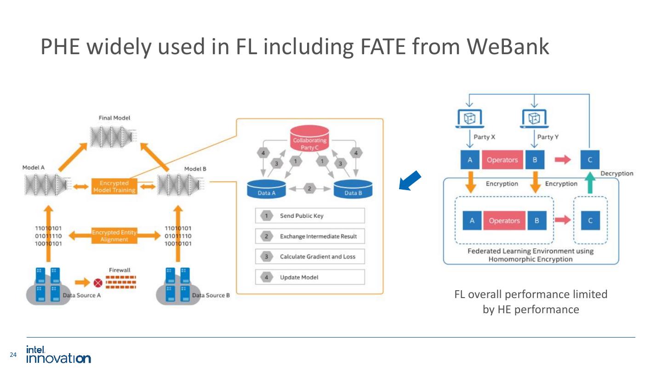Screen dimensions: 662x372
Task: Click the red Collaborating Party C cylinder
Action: pyautogui.click(x=309, y=140)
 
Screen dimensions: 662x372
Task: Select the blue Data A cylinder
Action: pyautogui.click(x=266, y=189)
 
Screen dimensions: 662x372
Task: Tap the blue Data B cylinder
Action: pyautogui.click(x=353, y=189)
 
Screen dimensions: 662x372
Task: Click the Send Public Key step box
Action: pyautogui.click(x=310, y=216)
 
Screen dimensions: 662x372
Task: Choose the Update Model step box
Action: pyautogui.click(x=310, y=277)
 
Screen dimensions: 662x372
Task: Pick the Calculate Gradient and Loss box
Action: pyautogui.click(x=310, y=257)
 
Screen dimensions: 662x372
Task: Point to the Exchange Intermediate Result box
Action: pyautogui.click(x=310, y=236)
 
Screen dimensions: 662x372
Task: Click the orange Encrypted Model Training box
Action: pyautogui.click(x=114, y=186)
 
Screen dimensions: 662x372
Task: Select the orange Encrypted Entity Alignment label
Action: pyautogui.click(x=114, y=236)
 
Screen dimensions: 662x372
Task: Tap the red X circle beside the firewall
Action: pyautogui.click(x=98, y=283)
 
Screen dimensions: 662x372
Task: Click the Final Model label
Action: pyautogui.click(x=114, y=118)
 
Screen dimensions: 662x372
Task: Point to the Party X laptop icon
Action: pyautogui.click(x=470, y=118)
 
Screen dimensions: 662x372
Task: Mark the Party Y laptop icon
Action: pyautogui.click(x=534, y=118)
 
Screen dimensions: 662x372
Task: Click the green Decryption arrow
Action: pyautogui.click(x=590, y=183)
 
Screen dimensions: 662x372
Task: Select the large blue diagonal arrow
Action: pyautogui.click(x=410, y=180)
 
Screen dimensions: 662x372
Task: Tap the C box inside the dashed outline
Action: pyautogui.click(x=590, y=220)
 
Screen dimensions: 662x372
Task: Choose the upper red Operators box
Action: pyautogui.click(x=502, y=160)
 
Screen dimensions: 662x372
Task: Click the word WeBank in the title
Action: pyautogui.click(x=508, y=46)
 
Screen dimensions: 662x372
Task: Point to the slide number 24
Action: pyautogui.click(x=13, y=355)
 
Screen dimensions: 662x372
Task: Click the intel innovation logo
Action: pyautogui.click(x=58, y=354)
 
